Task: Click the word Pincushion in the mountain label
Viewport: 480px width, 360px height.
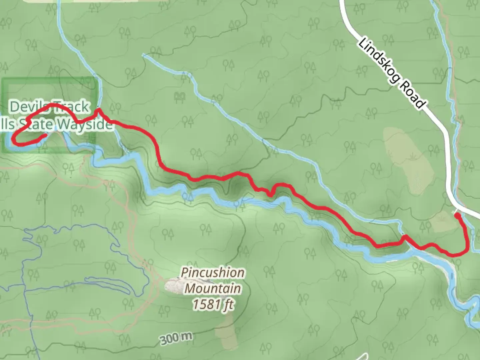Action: click(213, 273)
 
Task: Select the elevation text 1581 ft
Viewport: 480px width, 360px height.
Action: click(213, 304)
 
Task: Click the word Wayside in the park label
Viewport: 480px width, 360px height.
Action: click(84, 124)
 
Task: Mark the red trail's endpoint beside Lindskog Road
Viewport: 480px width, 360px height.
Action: click(458, 215)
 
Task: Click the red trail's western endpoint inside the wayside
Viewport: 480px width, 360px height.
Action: click(44, 136)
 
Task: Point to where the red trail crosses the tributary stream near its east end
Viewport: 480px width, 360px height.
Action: click(404, 237)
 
